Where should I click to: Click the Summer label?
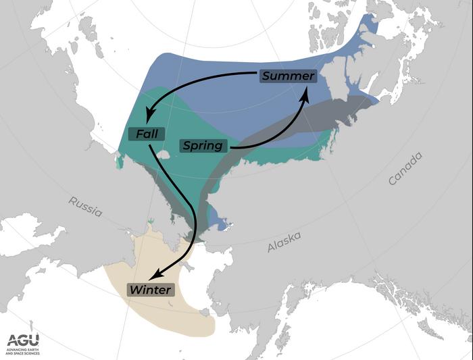tap(288, 76)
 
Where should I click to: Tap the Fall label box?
tap(147, 134)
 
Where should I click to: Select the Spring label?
tap(203, 145)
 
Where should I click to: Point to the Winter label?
tap(151, 290)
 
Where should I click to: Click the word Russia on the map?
tap(85, 207)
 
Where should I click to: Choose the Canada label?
tap(405, 169)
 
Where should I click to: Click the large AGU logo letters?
tap(23, 340)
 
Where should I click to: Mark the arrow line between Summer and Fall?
tap(196, 80)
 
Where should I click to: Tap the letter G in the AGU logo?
tap(23, 340)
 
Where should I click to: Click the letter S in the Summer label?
tap(266, 76)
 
